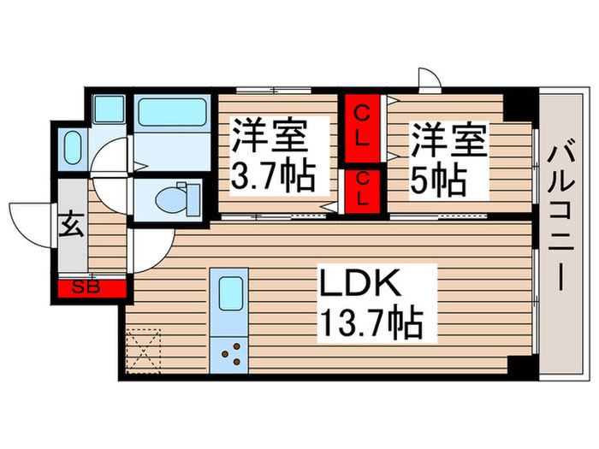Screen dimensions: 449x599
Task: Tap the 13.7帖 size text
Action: [x=370, y=323]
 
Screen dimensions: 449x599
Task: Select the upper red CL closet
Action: [x=363, y=127]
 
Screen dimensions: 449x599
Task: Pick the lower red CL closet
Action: [x=363, y=189]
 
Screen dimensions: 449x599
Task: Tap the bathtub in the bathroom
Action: [x=171, y=112]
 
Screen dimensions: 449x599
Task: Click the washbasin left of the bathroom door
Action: [x=72, y=147]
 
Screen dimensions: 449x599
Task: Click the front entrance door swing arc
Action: [x=33, y=218]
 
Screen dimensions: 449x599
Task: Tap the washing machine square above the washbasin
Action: [x=108, y=109]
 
